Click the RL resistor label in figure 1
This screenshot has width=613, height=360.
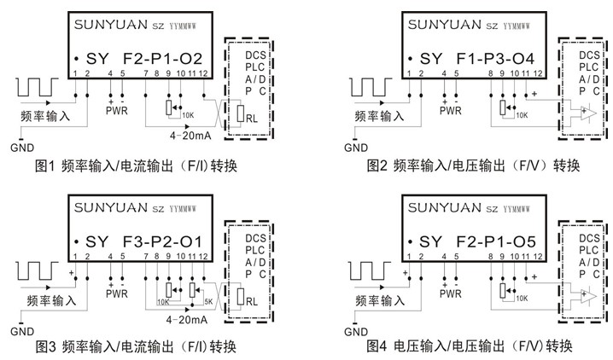252,119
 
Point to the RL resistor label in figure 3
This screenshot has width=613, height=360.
252,301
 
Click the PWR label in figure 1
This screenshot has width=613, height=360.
116,109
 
